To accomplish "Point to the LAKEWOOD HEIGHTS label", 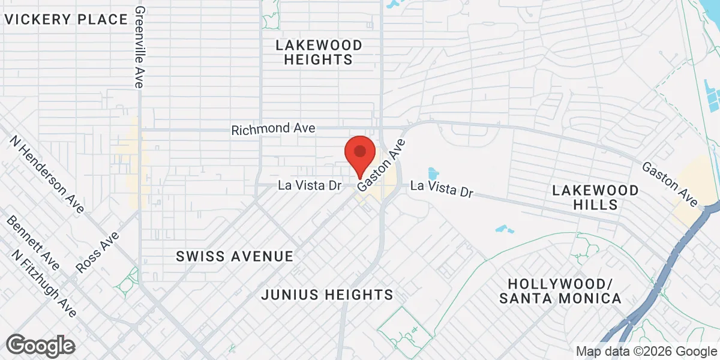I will click(x=319, y=52).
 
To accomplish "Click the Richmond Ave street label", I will click(x=273, y=130).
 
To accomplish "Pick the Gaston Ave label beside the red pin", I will click(x=382, y=166).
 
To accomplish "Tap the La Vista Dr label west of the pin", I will click(x=310, y=186).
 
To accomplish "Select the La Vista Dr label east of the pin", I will click(x=442, y=190).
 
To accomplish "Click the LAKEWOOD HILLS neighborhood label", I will click(x=595, y=197).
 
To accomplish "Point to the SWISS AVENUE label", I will click(x=235, y=257).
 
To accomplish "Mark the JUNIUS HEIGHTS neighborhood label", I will click(x=328, y=295).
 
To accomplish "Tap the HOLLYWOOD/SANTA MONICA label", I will click(x=559, y=291).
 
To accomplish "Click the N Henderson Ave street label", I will click(x=47, y=174).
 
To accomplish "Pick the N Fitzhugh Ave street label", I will click(x=43, y=283).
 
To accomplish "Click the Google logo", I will click(x=40, y=346).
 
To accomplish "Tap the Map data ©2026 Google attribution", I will click(x=646, y=352).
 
